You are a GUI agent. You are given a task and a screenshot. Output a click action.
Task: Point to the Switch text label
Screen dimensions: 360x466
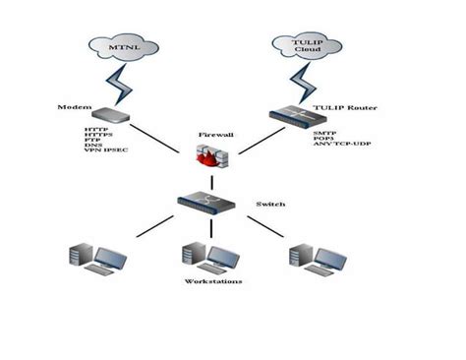[x=270, y=204]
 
